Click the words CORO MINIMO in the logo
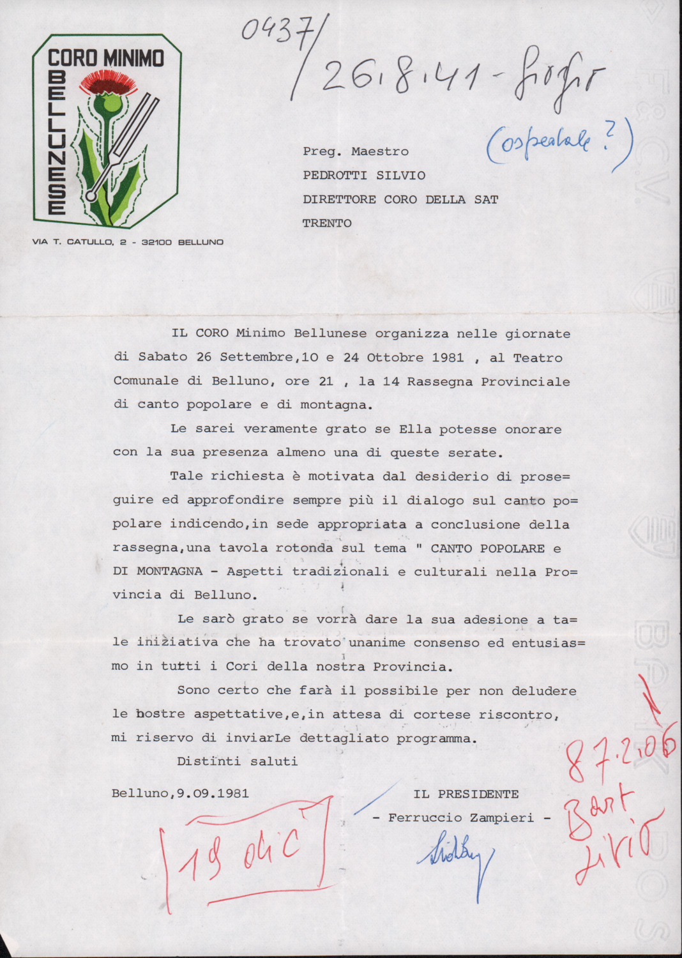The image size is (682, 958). coord(106,58)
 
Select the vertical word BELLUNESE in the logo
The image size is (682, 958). coord(57,142)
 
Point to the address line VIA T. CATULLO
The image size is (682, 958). coord(128,242)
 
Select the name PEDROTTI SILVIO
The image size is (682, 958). coord(364,175)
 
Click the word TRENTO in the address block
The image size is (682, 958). coord(327,223)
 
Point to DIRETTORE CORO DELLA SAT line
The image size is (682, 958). coord(400,199)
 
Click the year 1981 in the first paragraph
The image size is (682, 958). coord(448,357)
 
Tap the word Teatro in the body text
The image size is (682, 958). coord(538,357)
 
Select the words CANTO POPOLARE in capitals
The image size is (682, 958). coord(488,548)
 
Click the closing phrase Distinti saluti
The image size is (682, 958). coord(237,761)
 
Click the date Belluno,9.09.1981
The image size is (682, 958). coord(180,793)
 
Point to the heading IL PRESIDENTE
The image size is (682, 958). coord(466,794)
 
